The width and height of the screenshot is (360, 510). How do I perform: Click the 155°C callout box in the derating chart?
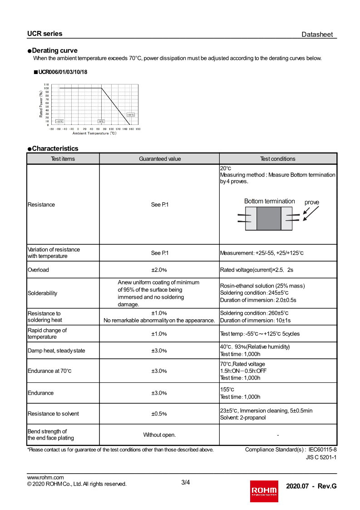(x=131, y=115)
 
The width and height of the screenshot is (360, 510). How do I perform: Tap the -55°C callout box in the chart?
(x=59, y=121)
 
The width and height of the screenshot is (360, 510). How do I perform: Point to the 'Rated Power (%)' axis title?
(x=41, y=104)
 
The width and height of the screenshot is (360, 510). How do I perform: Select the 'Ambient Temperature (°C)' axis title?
(x=94, y=133)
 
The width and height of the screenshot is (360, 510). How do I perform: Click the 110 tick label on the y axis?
(x=46, y=85)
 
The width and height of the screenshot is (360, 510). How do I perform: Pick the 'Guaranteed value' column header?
(x=159, y=158)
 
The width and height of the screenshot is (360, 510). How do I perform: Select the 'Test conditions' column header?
(x=278, y=158)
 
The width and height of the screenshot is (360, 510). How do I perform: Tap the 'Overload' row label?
(x=38, y=270)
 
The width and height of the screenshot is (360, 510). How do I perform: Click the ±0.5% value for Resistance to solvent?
(x=159, y=414)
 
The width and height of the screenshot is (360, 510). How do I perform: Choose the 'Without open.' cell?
(x=159, y=435)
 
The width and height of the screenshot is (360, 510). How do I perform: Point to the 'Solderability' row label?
(x=43, y=293)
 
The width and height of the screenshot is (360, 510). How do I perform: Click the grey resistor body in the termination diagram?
(x=269, y=218)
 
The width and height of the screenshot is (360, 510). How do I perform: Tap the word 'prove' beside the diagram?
(x=312, y=203)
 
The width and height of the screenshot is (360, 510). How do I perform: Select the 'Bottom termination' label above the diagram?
(x=269, y=201)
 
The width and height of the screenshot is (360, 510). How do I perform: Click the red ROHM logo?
(x=264, y=491)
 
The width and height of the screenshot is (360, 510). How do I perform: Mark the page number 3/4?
(x=185, y=482)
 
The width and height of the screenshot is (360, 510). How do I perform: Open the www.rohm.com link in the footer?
(x=45, y=477)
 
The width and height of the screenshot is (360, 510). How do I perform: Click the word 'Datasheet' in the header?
(x=317, y=35)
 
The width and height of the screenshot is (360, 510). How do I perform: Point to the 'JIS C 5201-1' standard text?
(x=321, y=457)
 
